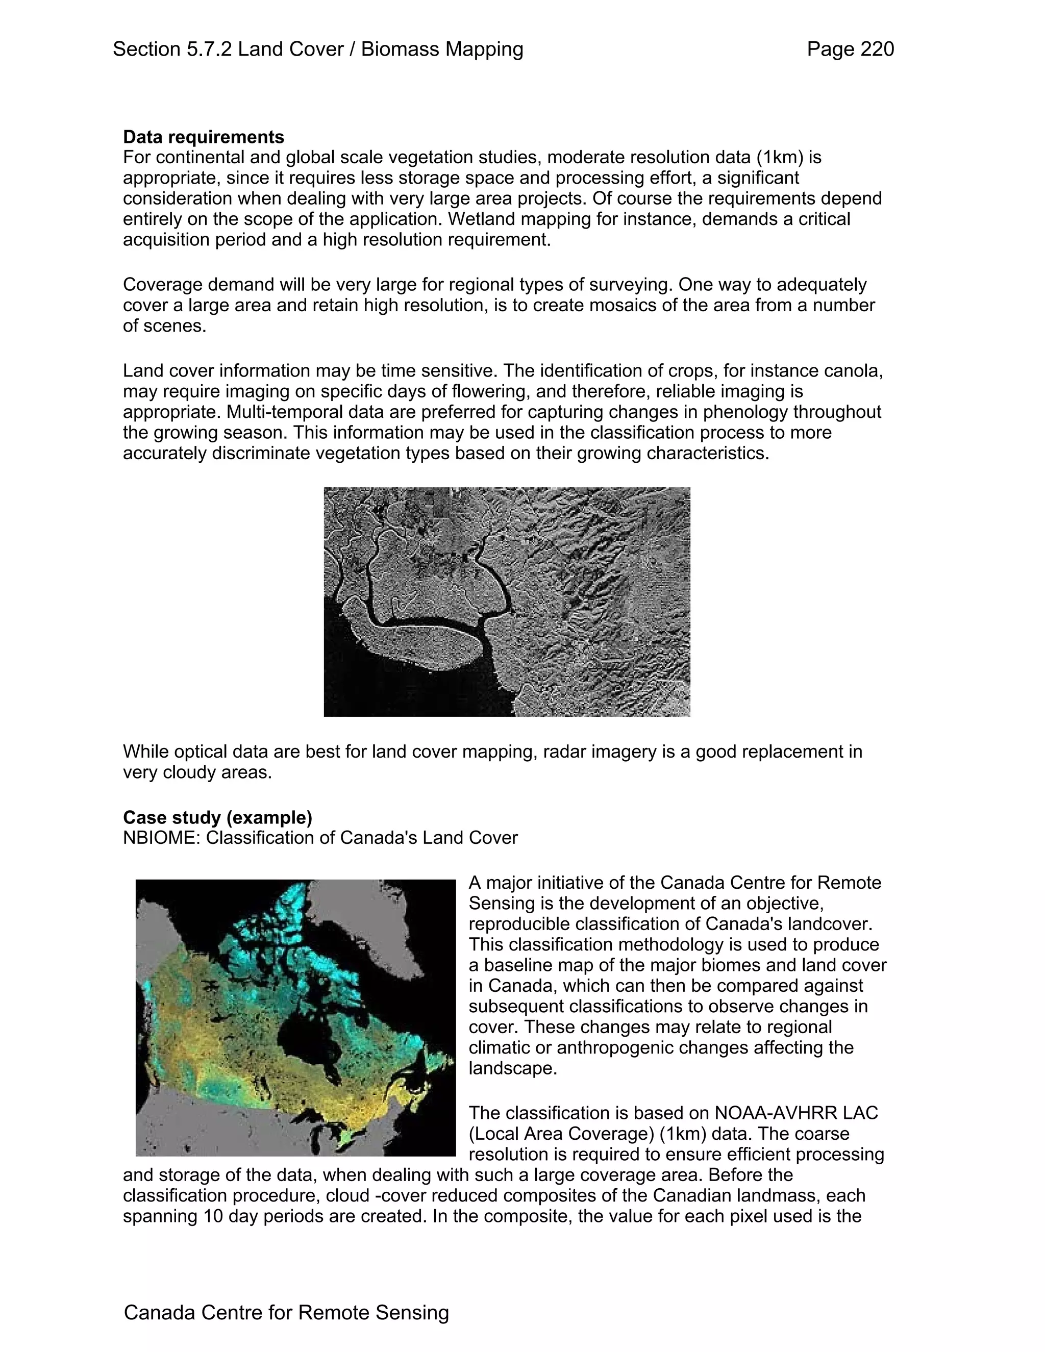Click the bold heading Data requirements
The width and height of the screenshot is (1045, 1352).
tap(204, 137)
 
